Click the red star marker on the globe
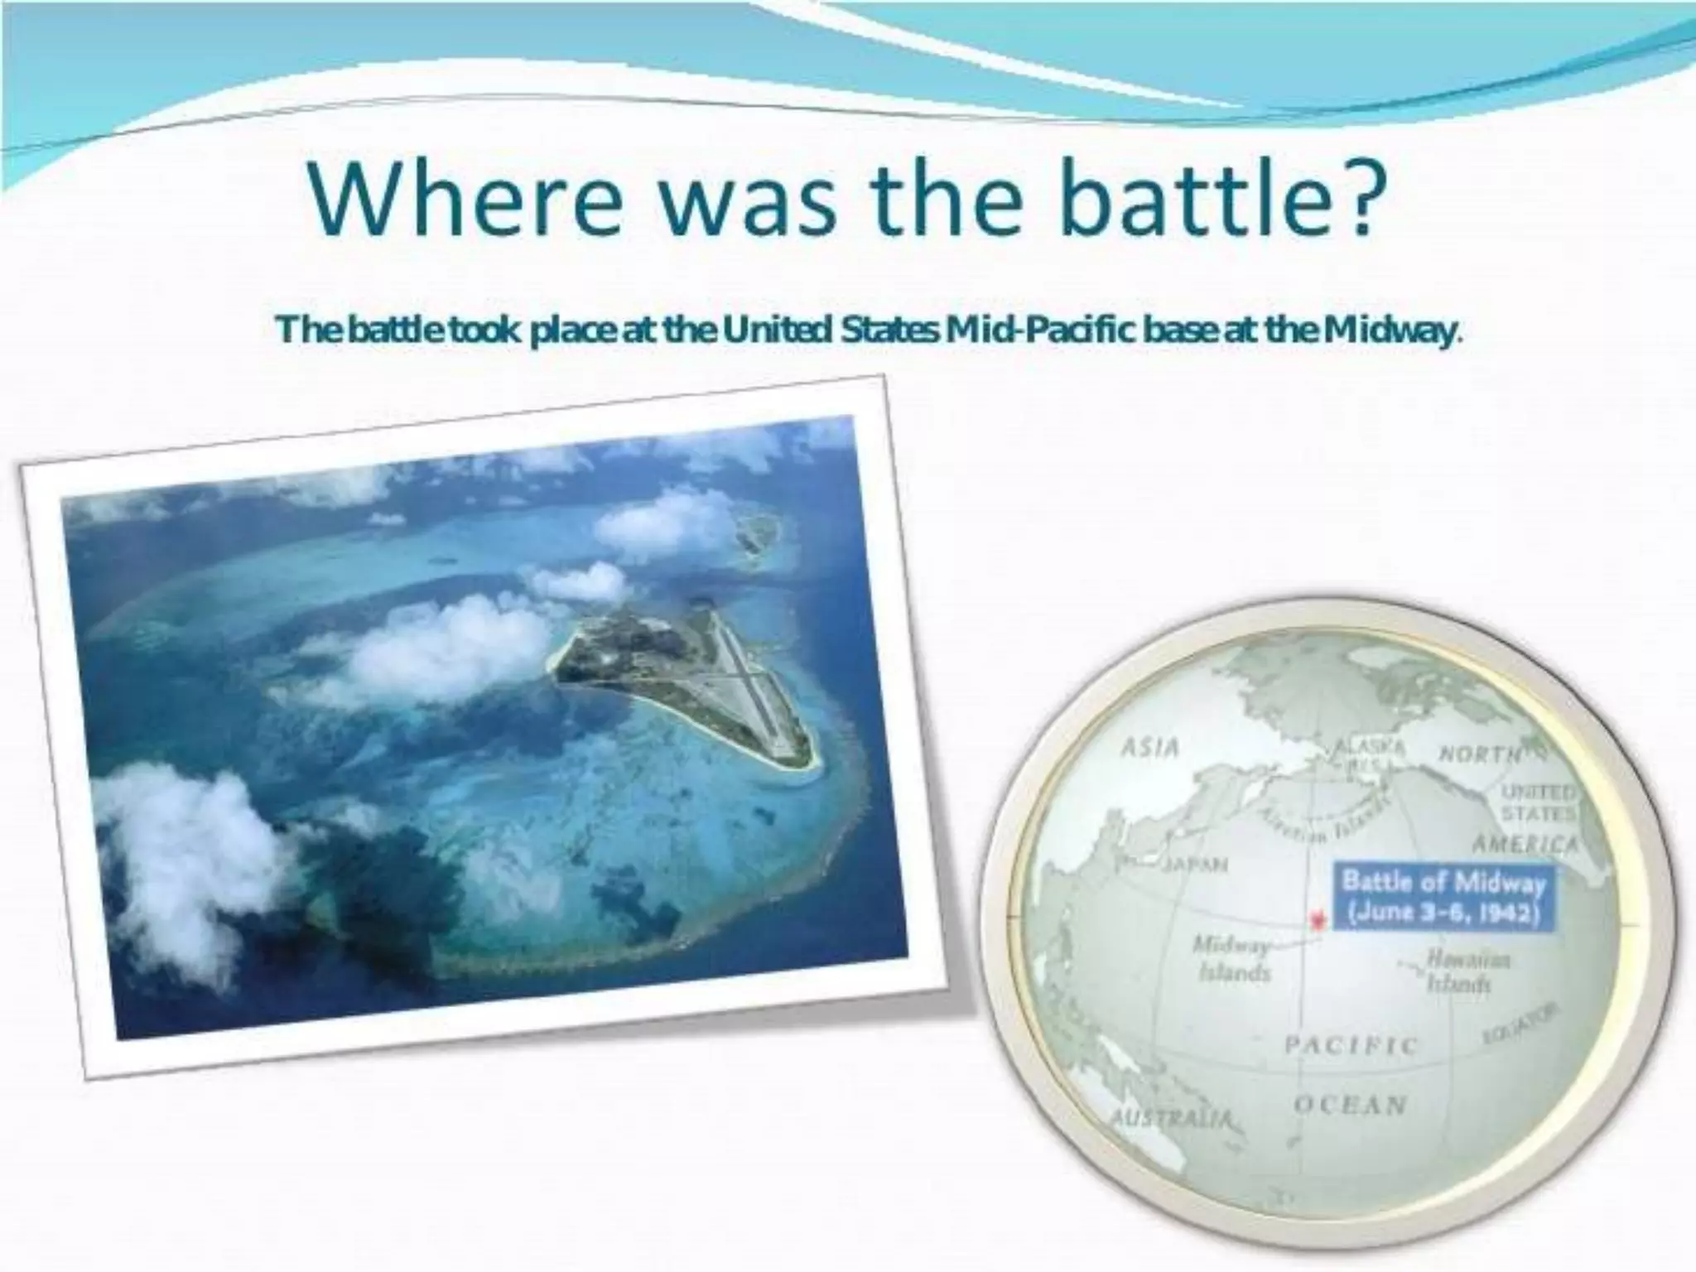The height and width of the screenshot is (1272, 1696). coord(1316,919)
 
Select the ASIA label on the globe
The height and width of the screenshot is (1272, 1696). coord(1149,748)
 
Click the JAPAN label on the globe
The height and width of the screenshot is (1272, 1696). coord(1194,865)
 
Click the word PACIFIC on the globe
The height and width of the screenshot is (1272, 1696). coord(1351,1045)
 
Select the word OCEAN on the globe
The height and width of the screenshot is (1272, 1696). coord(1351,1105)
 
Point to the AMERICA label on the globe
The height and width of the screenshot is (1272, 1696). coord(1526,845)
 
